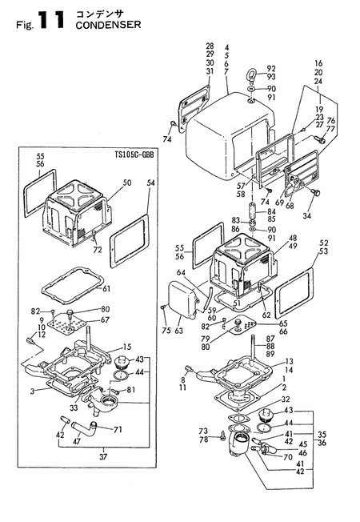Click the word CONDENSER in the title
click(x=108, y=25)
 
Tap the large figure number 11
click(x=50, y=20)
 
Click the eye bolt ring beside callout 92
click(x=251, y=74)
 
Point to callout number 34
click(x=306, y=215)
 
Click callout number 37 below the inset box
click(x=103, y=456)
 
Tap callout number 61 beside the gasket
click(x=106, y=288)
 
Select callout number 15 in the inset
click(x=127, y=347)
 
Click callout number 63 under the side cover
click(x=179, y=331)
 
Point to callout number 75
click(x=166, y=330)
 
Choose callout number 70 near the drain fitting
click(x=289, y=456)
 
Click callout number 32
click(x=285, y=400)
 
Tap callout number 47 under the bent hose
click(x=77, y=442)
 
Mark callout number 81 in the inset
click(x=131, y=389)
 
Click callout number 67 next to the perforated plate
click(x=105, y=320)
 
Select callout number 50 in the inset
click(x=126, y=183)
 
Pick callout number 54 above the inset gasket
click(x=150, y=183)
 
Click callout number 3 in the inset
click(x=32, y=391)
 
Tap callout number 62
click(x=266, y=314)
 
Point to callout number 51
click(x=238, y=303)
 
